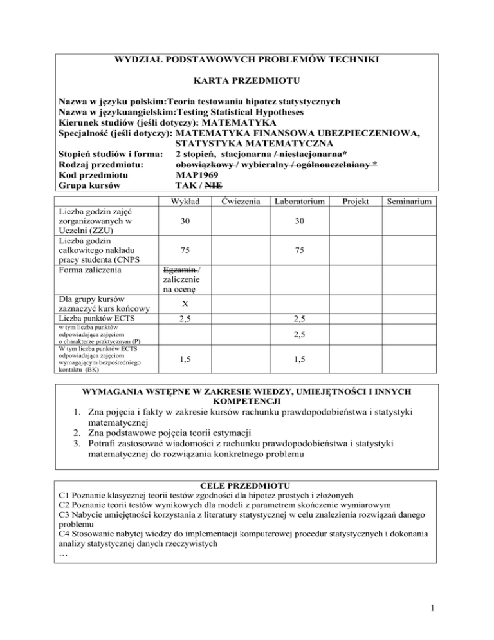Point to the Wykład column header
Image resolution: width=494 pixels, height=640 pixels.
(x=183, y=202)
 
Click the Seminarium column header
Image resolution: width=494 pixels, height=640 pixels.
(x=414, y=202)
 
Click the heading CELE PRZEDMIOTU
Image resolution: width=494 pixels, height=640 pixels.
(x=246, y=484)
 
